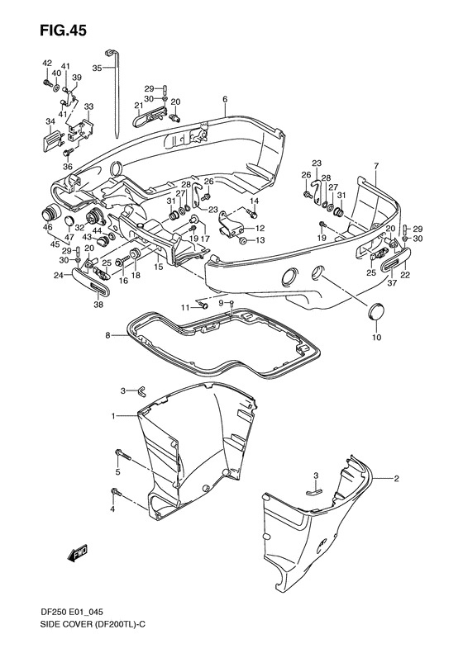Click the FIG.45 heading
click(64, 30)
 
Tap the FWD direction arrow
click(77, 554)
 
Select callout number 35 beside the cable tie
click(97, 68)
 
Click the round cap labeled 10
click(376, 311)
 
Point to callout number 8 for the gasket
click(107, 335)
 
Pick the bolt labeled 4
click(116, 493)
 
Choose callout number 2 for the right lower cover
click(396, 479)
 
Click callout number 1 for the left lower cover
click(112, 415)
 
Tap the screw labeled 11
click(205, 306)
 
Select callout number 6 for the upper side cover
click(225, 99)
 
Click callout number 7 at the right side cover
click(376, 166)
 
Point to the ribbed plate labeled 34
click(52, 137)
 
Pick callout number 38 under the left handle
click(99, 305)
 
